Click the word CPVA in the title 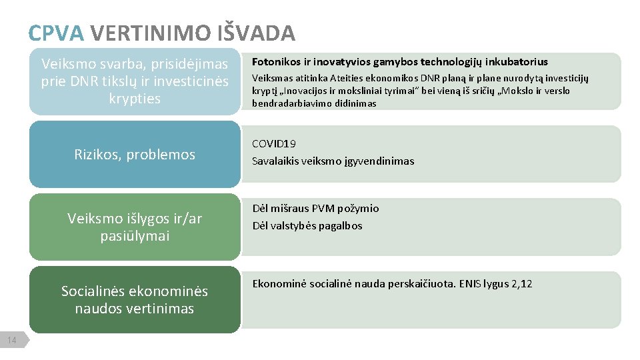(x=56, y=33)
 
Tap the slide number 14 (x=11, y=341)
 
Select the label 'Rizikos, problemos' (x=135, y=155)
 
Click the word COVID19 (x=274, y=143)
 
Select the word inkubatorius (x=517, y=62)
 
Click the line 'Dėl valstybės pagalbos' (x=307, y=225)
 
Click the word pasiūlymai (x=135, y=236)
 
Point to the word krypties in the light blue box (x=135, y=99)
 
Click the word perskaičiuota (x=421, y=284)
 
